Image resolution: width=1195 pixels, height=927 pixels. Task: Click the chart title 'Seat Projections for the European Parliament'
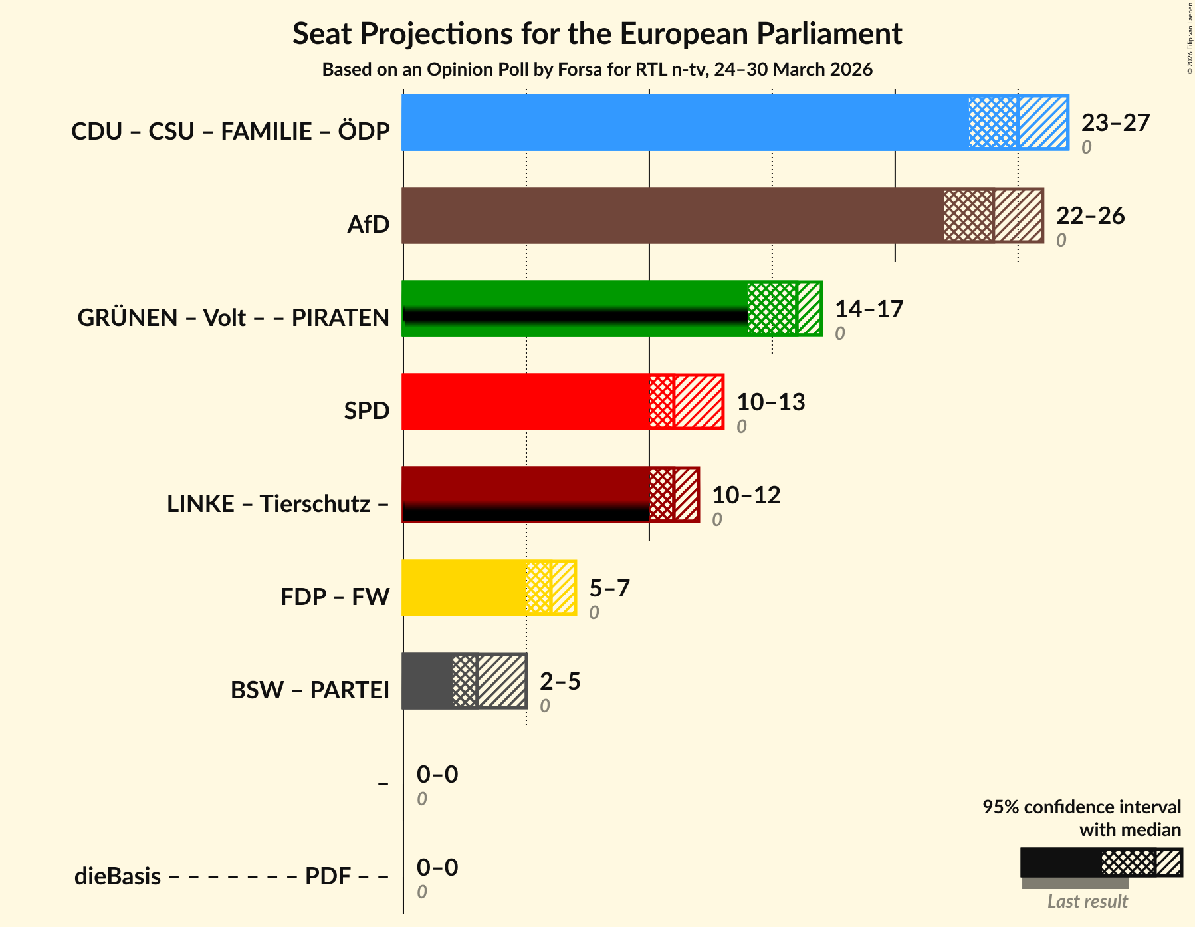click(597, 33)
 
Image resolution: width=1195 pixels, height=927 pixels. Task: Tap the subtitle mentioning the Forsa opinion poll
click(597, 70)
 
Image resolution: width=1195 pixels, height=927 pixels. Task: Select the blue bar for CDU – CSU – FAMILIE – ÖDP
click(685, 122)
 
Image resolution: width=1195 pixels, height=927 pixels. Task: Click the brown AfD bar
click(671, 215)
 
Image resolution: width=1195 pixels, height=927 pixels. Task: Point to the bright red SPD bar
click(525, 402)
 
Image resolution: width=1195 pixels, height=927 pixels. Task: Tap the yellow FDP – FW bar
click(464, 588)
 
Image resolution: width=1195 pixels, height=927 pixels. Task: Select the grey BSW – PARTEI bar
click(427, 681)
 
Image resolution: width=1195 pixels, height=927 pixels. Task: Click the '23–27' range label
click(1115, 123)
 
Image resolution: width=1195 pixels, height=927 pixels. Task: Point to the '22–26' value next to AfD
click(1090, 216)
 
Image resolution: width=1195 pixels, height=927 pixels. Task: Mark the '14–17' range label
click(869, 309)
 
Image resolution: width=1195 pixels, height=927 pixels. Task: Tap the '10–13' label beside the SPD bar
click(770, 402)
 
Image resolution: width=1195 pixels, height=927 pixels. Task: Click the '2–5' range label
click(560, 682)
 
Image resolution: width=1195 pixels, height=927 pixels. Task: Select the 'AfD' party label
click(368, 225)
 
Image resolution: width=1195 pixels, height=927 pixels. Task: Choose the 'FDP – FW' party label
click(335, 597)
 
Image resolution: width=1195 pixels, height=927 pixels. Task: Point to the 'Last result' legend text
click(1087, 902)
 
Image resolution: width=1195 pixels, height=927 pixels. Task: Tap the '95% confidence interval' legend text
click(1081, 807)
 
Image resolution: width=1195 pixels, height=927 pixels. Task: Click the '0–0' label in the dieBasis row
click(437, 868)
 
